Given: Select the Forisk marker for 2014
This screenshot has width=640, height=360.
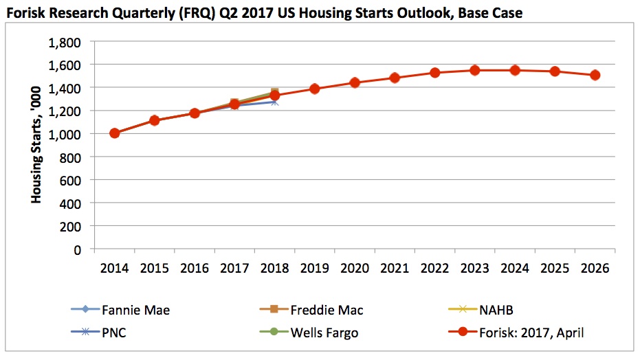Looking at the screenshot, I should coord(115,133).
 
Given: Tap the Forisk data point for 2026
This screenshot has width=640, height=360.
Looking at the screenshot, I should coord(595,75).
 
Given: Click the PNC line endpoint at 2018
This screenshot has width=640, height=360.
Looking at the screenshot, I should coord(275,102).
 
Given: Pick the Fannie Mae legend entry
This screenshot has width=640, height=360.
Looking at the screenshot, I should coord(120,310).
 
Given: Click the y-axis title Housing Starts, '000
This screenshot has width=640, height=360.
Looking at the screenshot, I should coord(36,145).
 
